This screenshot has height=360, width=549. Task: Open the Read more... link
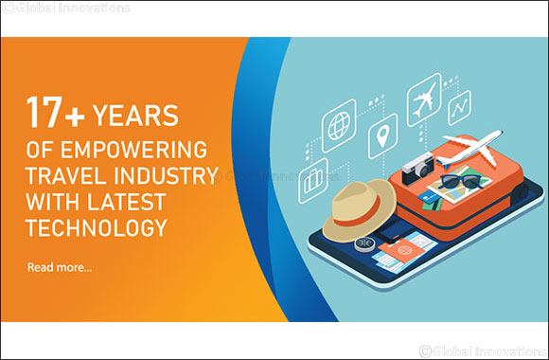[60, 268]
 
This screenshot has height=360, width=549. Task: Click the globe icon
[339, 126]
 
